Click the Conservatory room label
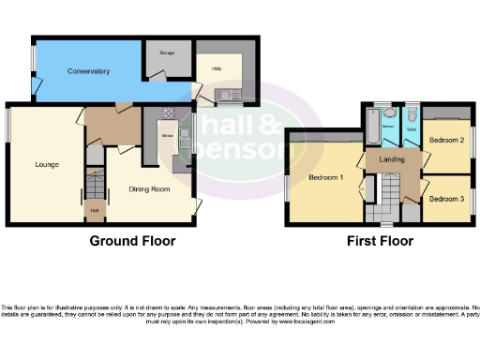89,71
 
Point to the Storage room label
168,53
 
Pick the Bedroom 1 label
327,176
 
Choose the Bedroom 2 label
447,140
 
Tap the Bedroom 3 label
447,199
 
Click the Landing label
393,160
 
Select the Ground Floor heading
132,241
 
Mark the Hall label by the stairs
95,210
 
